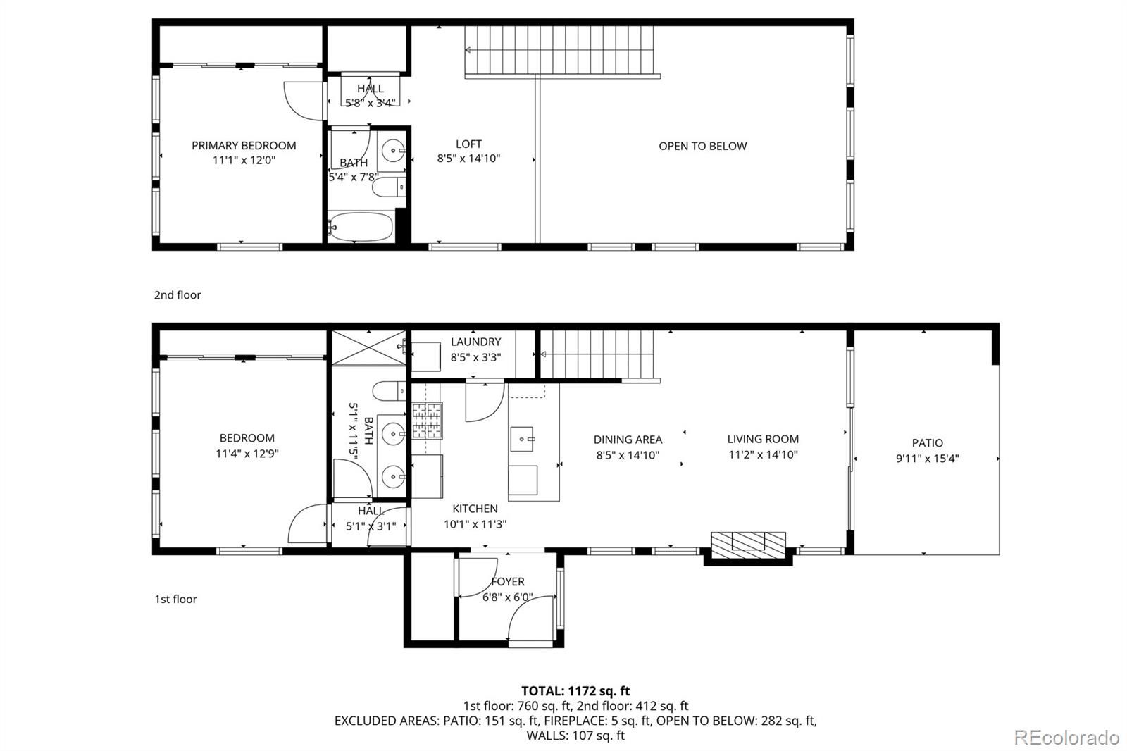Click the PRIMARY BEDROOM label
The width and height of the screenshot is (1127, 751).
(244, 145)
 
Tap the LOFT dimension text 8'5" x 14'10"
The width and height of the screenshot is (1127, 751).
(468, 159)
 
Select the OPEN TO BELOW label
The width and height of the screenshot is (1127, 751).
(702, 146)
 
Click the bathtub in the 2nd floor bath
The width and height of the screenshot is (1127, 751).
(360, 227)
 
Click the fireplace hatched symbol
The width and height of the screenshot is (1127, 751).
(747, 543)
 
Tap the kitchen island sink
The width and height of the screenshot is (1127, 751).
(523, 439)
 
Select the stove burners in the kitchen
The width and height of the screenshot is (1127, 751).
(427, 421)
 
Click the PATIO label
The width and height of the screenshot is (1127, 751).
(927, 443)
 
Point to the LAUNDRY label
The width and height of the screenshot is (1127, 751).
(475, 342)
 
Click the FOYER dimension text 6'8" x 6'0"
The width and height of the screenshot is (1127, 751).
(507, 597)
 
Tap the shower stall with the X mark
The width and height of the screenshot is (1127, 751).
(368, 347)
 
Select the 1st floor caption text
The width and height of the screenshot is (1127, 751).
(175, 599)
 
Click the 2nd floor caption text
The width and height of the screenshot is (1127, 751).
(178, 294)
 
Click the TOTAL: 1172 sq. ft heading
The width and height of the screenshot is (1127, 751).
(575, 691)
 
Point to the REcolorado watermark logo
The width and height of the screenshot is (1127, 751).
(1066, 738)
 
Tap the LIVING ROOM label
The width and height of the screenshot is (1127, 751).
(763, 439)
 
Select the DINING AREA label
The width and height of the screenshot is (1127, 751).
(628, 440)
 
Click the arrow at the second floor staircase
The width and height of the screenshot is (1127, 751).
(469, 50)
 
